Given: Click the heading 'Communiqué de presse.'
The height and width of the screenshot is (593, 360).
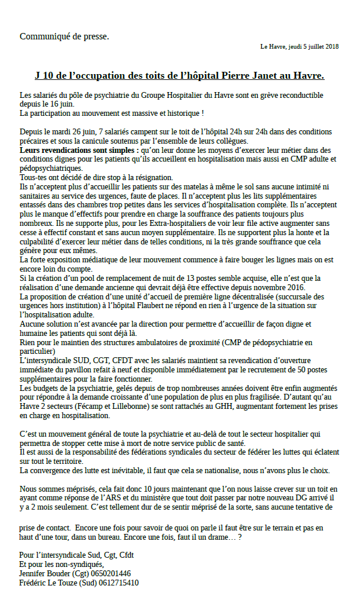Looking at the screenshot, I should point(64,36).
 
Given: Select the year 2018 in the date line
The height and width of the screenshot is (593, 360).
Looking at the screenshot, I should point(333,46).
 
